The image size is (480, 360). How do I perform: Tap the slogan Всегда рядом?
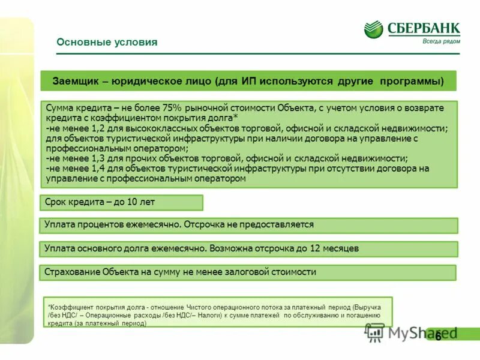[x=441, y=41]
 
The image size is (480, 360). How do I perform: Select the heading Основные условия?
[x=107, y=42]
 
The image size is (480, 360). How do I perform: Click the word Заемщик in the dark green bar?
[x=74, y=81]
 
